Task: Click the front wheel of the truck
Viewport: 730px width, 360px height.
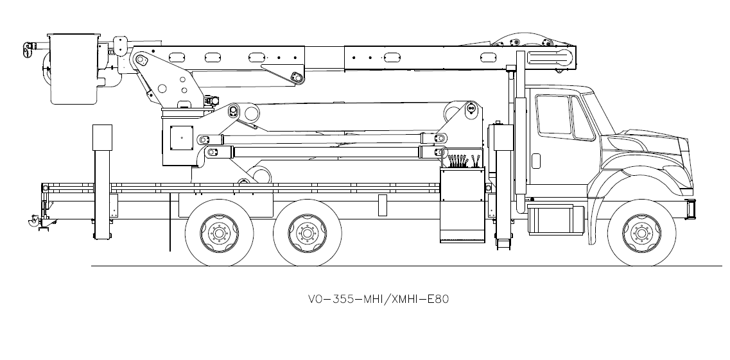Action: tap(640, 231)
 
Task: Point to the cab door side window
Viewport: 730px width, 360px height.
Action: tap(553, 115)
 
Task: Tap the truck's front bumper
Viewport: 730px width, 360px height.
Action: tap(691, 209)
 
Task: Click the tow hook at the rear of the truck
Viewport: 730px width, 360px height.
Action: tap(30, 222)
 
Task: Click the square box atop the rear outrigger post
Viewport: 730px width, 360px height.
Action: tap(102, 137)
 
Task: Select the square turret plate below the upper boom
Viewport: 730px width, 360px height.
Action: tap(181, 137)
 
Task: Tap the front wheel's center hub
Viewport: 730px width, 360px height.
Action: tap(640, 231)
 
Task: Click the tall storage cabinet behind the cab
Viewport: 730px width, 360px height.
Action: tap(462, 205)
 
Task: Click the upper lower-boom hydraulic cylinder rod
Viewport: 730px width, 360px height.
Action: tap(321, 138)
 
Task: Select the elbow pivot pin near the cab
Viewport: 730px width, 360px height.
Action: tap(471, 109)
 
